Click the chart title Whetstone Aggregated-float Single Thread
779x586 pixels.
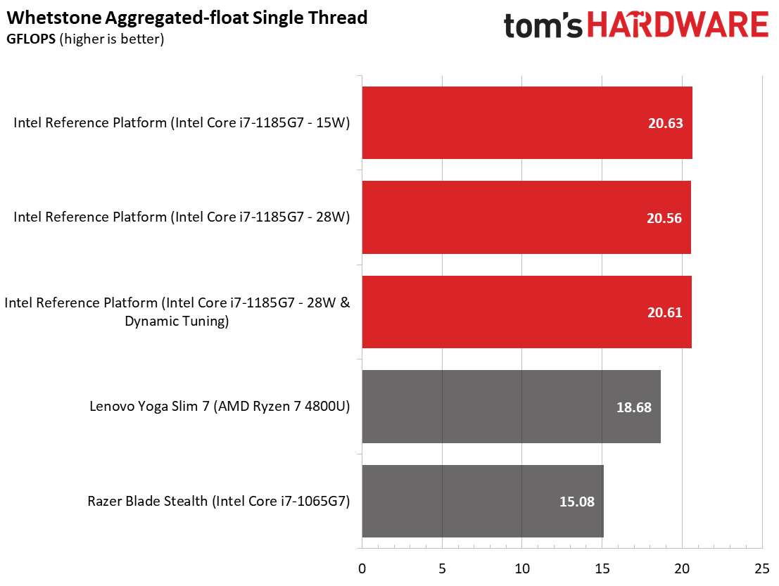tap(187, 18)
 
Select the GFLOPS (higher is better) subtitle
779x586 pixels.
tap(85, 39)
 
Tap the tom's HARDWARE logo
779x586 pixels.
tap(635, 26)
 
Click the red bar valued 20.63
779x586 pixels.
tap(526, 123)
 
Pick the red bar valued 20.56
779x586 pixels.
tap(526, 218)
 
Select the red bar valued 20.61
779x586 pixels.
tap(526, 312)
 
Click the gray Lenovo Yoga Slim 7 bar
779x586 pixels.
tap(511, 407)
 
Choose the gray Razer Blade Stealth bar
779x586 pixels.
tap(482, 502)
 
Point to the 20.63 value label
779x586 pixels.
tap(665, 123)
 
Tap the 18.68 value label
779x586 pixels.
tap(633, 407)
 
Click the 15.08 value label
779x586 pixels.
tap(577, 502)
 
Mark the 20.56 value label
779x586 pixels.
tap(664, 218)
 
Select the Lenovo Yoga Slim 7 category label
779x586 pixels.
tap(220, 406)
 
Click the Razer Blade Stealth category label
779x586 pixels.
tap(219, 502)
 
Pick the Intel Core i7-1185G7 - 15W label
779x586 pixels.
tap(182, 123)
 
